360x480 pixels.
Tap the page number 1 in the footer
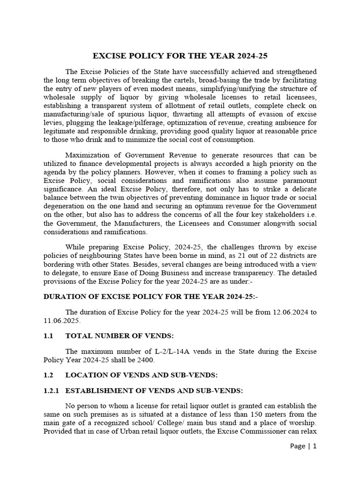tap(315, 459)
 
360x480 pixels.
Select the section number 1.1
tap(49, 336)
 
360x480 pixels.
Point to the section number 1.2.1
tap(51, 391)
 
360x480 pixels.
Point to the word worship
tap(303, 423)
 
